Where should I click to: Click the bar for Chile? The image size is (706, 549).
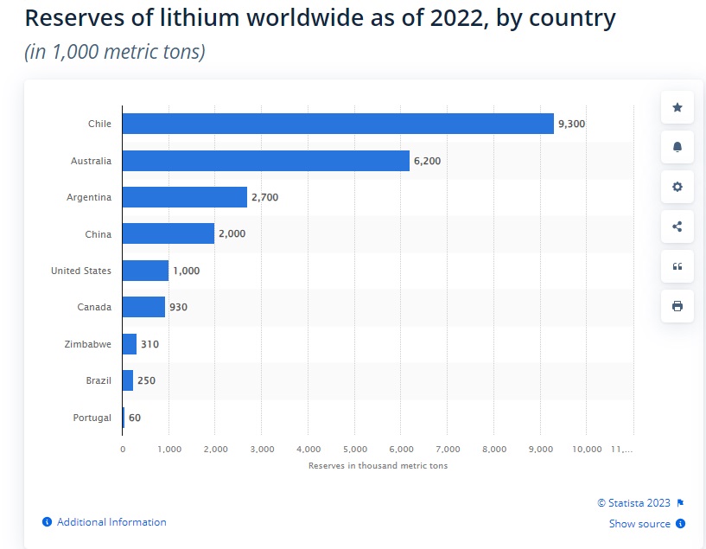pyautogui.click(x=337, y=124)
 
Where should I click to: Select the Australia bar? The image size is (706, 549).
pyautogui.click(x=265, y=161)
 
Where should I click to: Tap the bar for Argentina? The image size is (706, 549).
pyautogui.click(x=184, y=197)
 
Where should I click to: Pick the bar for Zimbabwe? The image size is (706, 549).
pyautogui.click(x=130, y=344)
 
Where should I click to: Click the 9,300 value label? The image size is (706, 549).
pyautogui.click(x=571, y=124)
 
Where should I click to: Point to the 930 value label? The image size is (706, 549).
pyautogui.click(x=179, y=307)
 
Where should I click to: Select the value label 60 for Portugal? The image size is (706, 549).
pyautogui.click(x=135, y=418)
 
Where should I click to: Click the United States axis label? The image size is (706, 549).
pyautogui.click(x=81, y=271)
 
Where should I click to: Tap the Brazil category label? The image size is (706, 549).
pyautogui.click(x=98, y=380)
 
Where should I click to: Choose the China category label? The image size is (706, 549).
pyautogui.click(x=99, y=234)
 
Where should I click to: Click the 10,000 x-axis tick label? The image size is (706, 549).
pyautogui.click(x=586, y=450)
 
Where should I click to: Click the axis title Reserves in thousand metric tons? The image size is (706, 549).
pyautogui.click(x=378, y=466)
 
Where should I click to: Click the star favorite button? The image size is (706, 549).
pyautogui.click(x=677, y=108)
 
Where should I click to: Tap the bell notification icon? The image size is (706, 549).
pyautogui.click(x=677, y=148)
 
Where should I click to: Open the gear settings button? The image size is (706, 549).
pyautogui.click(x=677, y=187)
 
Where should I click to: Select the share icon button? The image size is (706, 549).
pyautogui.click(x=677, y=227)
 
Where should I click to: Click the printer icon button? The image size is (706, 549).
pyautogui.click(x=677, y=306)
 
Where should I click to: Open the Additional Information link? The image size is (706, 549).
pyautogui.click(x=111, y=522)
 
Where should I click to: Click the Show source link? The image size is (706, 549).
pyautogui.click(x=639, y=524)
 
